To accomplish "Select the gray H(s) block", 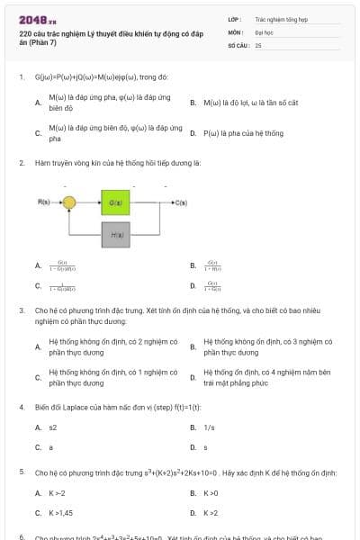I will pos(115,234).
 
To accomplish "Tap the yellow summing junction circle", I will pos(69,203).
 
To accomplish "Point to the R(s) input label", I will pos(44,202).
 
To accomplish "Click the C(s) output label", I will pos(181,202).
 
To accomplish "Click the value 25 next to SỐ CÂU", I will pos(258,44).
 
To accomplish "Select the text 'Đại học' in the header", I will pos(264,31).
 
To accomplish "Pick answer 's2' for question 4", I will pos(53,427).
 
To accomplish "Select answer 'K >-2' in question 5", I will pos(57,493).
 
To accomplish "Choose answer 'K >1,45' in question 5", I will pos(60,513).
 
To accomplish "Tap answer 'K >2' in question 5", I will pos(211,513).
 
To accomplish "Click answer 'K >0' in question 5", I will pos(211,493).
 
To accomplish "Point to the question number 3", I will pos(22,309).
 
